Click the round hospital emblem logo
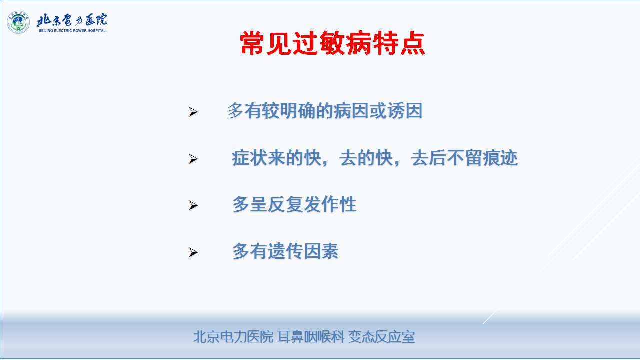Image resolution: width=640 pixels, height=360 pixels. click(18, 22)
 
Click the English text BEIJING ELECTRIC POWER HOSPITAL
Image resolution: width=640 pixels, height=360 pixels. click(72, 31)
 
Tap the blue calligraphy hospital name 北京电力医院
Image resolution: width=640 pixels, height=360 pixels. click(72, 20)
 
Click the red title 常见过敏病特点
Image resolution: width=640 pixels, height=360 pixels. click(332, 43)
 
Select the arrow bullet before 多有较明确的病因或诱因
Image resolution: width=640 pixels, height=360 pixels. click(193, 112)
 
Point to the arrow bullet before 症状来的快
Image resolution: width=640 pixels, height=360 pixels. click(193, 159)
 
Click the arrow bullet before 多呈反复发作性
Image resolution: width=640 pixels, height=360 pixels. click(193, 205)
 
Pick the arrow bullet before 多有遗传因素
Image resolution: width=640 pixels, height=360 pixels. click(193, 252)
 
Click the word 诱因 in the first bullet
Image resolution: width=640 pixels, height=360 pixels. click(405, 111)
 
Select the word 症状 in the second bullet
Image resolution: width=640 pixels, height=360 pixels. click(249, 158)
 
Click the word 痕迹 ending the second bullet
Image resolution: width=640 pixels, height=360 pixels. click(500, 158)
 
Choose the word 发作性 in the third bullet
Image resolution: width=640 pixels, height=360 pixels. click(330, 204)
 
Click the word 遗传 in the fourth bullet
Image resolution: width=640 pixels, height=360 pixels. click(285, 251)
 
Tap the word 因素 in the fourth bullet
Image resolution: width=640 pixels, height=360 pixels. click(321, 251)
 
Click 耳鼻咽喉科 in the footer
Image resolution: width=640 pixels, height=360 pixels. click(311, 337)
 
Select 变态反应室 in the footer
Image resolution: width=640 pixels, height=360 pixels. click(381, 337)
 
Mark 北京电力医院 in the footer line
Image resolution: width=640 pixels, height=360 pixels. click(233, 337)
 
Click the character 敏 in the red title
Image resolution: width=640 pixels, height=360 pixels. click(332, 43)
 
